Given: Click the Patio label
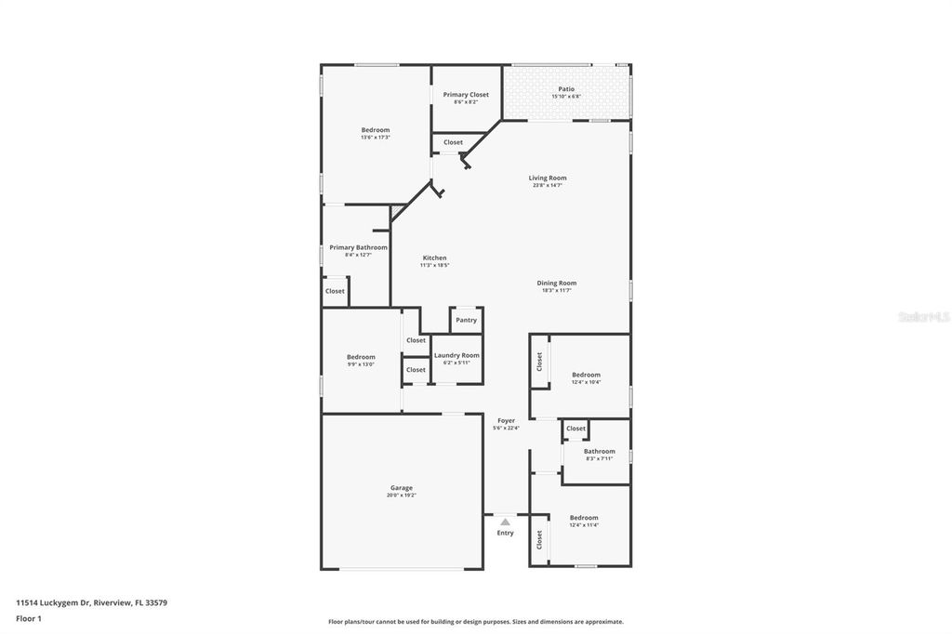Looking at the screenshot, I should [566, 89].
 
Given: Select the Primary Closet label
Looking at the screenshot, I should [466, 95].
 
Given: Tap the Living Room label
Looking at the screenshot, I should [548, 178].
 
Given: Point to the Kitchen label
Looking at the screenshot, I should [435, 258].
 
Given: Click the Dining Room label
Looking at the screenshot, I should [557, 283].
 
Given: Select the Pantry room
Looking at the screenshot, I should [466, 320].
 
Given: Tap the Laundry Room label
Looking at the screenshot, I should [456, 355].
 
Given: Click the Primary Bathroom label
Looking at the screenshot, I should [358, 247].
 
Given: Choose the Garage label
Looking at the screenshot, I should [402, 488].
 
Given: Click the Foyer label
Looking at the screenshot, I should [506, 420].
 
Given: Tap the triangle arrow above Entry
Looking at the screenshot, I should [505, 522].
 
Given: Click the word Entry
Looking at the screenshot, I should [505, 534].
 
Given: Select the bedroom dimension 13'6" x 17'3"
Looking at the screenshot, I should [376, 138].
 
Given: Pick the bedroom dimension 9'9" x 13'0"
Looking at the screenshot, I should [361, 364].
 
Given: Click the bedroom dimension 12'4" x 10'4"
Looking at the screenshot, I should [586, 382].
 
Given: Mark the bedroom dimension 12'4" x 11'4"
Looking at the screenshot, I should [584, 525].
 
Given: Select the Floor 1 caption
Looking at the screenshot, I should [29, 617].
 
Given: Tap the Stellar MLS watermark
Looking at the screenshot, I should [923, 317].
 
